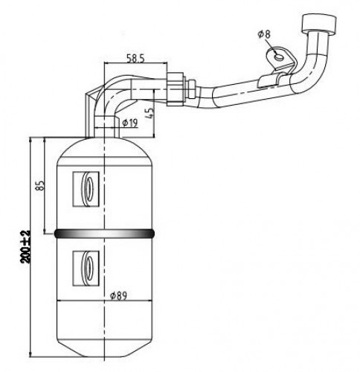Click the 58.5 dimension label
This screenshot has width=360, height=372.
pos(135,58)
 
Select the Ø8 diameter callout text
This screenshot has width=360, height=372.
pos(264,34)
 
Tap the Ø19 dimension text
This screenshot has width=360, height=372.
pos(130,123)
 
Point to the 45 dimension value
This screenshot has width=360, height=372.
pos(151,113)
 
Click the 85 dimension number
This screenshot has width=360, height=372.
pos(41,185)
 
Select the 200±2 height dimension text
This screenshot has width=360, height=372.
pos(25,247)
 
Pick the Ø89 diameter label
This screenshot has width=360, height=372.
pos(118,295)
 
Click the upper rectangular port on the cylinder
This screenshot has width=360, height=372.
pos(86,189)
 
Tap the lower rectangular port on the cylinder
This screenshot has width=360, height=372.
pos(86,269)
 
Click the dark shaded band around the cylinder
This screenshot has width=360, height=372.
pos(104,234)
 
